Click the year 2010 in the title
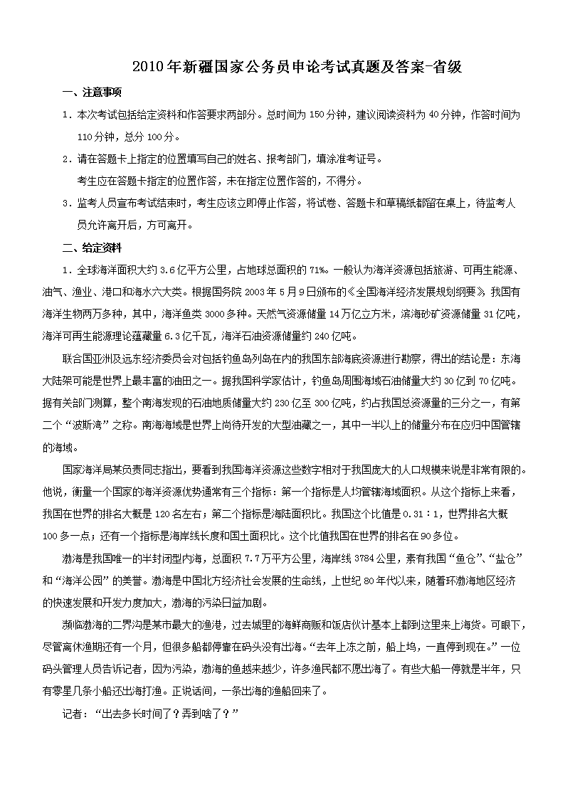tap(148, 68)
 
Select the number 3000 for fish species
tap(217, 314)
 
